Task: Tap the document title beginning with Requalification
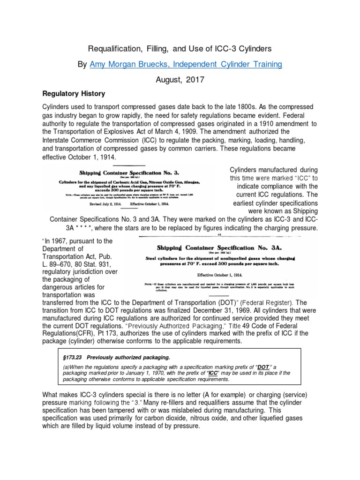click(180, 48)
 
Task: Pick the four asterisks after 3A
click(75, 228)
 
